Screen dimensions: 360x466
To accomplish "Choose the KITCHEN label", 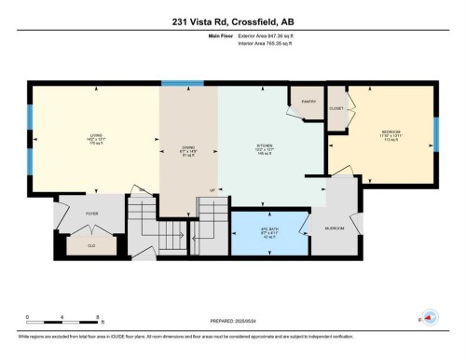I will click(x=265, y=147).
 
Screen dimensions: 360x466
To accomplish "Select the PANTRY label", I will click(x=308, y=101).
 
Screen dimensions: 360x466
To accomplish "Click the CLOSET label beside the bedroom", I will click(x=336, y=108).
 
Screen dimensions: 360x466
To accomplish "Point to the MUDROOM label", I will click(x=335, y=228).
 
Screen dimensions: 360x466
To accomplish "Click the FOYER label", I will click(x=92, y=214).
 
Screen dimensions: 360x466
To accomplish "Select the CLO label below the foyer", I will click(x=91, y=245).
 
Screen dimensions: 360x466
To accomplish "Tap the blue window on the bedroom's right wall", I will click(x=436, y=133).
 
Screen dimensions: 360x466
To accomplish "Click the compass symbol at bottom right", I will click(x=430, y=319).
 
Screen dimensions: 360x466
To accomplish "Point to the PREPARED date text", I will click(x=230, y=320).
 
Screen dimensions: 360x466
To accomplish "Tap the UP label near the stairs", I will click(x=212, y=190).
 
